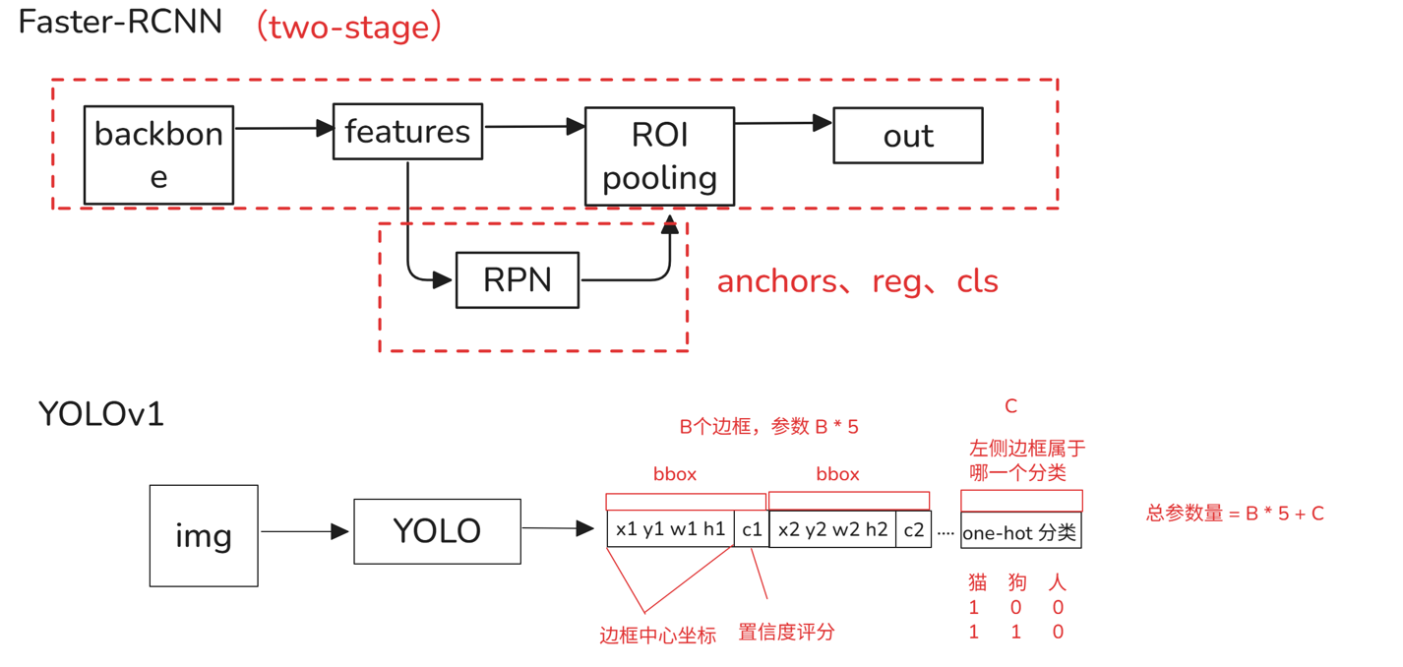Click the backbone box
click(158, 155)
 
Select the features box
click(407, 132)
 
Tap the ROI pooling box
click(659, 156)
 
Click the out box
click(907, 136)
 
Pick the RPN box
click(518, 280)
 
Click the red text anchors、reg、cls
click(857, 281)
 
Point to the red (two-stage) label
click(348, 26)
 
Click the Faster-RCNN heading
click(120, 22)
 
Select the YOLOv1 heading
click(101, 414)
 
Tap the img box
click(204, 536)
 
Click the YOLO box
click(437, 531)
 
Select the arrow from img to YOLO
click(304, 532)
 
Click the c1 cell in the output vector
click(752, 529)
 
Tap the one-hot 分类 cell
click(1020, 532)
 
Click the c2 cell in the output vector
click(913, 529)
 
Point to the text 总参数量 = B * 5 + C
click(1235, 513)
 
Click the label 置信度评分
click(786, 632)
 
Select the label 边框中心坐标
click(657, 636)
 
